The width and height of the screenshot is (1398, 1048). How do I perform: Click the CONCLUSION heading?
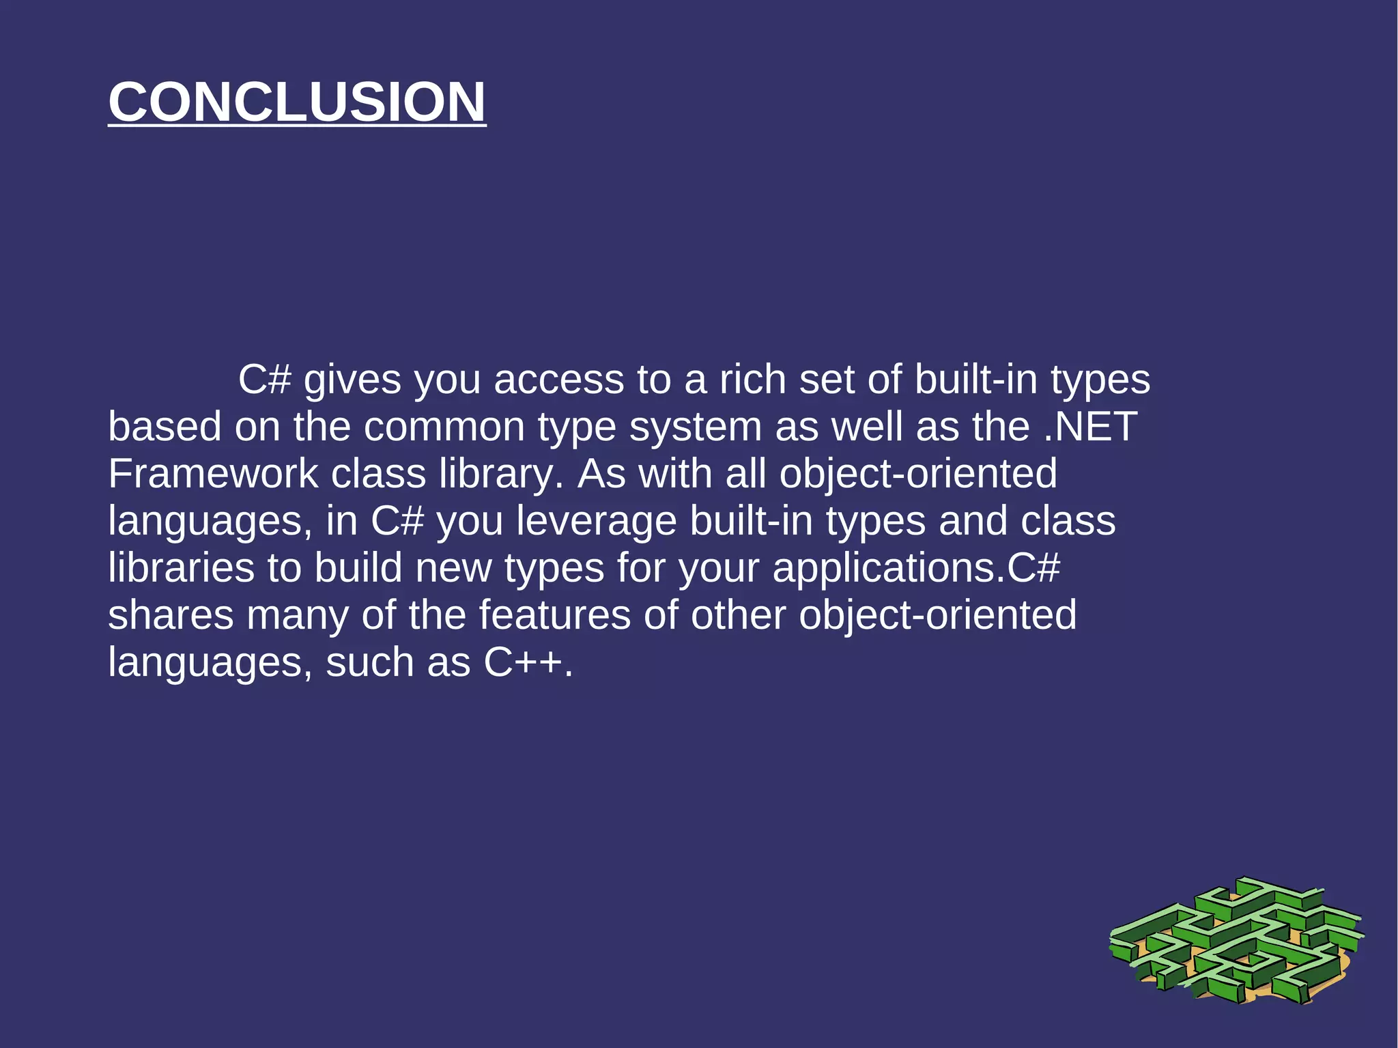click(x=297, y=102)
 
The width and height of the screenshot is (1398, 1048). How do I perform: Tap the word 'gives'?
click(x=352, y=380)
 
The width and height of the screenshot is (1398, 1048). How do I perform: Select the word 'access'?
click(x=558, y=380)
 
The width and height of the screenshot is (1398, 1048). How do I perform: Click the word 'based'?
click(x=165, y=427)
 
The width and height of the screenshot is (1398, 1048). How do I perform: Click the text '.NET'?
click(x=1090, y=427)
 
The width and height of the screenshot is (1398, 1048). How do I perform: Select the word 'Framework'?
click(x=213, y=474)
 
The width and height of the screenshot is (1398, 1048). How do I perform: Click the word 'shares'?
click(x=171, y=615)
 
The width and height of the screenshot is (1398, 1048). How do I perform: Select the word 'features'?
click(x=554, y=615)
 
